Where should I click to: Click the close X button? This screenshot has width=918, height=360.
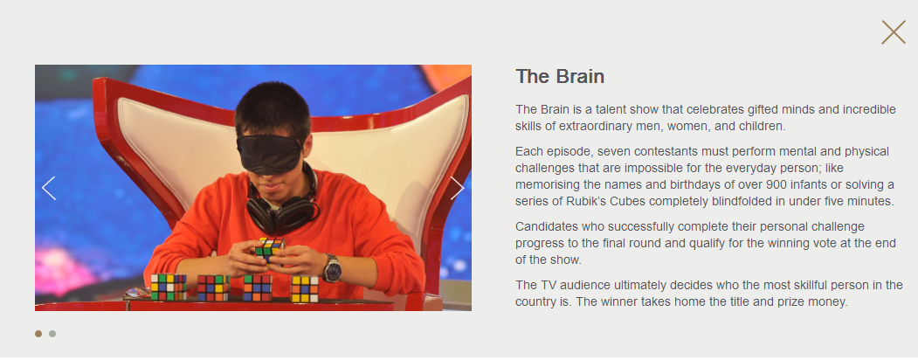coord(893,32)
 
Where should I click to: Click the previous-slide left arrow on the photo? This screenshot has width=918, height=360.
coord(49,188)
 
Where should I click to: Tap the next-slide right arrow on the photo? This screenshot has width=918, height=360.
coord(457,188)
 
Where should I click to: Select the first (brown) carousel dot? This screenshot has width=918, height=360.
coord(38,334)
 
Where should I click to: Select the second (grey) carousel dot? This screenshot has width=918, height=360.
coord(52,334)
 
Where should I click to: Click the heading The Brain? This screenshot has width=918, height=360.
coord(560,77)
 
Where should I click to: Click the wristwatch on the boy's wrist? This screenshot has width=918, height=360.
coord(332,268)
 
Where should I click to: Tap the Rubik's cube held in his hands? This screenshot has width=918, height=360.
coord(269,248)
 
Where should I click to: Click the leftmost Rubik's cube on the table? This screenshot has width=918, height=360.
coord(169,287)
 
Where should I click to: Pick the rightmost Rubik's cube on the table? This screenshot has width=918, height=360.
coord(305,288)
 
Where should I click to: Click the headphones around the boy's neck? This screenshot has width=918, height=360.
coord(283,204)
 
